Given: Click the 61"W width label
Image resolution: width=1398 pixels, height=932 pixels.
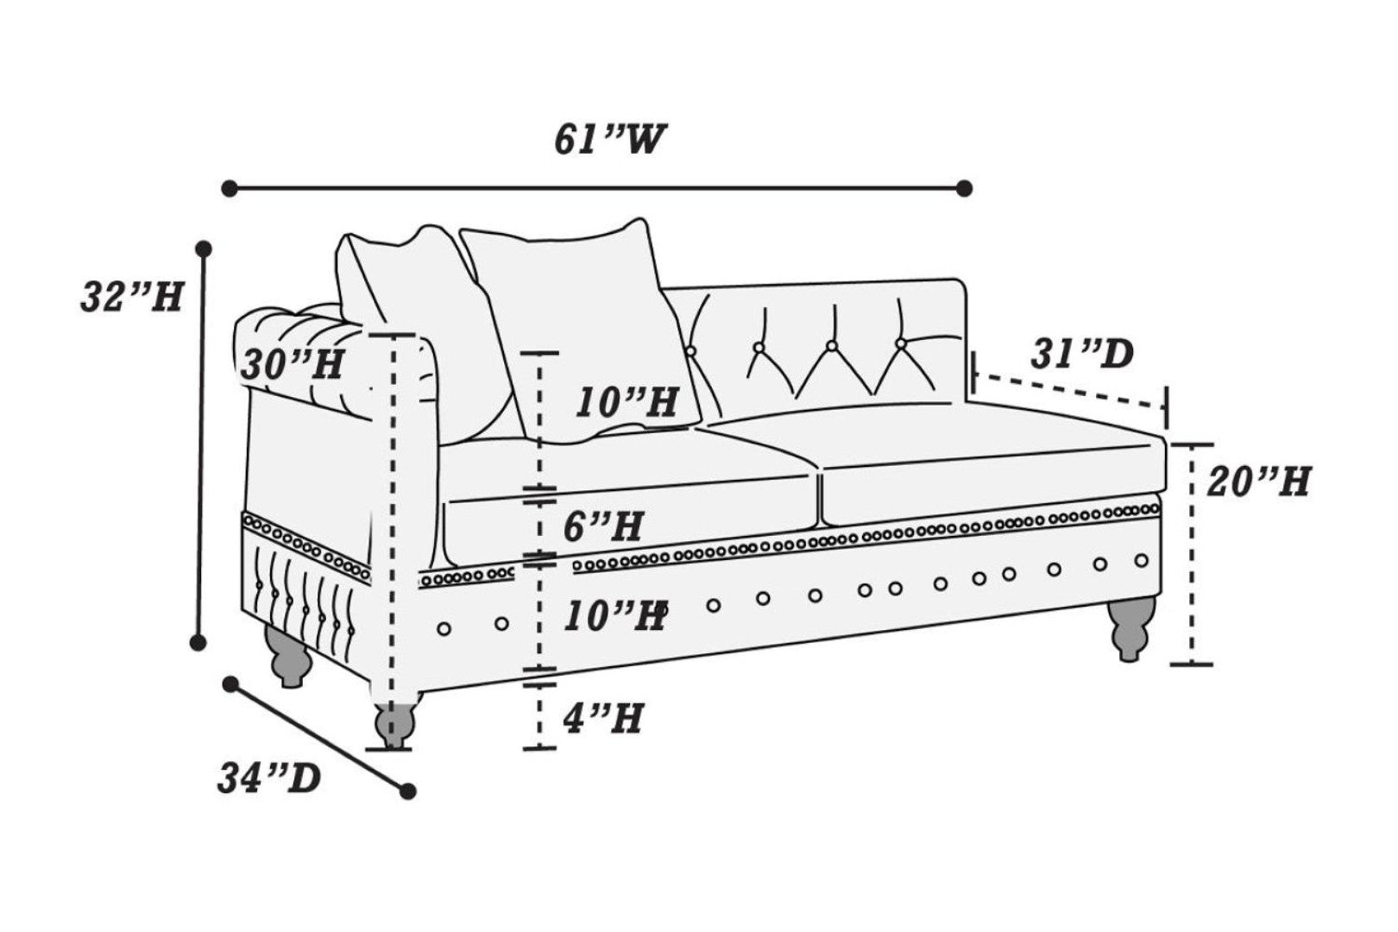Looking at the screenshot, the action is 610,140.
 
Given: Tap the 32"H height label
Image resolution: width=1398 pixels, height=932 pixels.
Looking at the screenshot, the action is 132,298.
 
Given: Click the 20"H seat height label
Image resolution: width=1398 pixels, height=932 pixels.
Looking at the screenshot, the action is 1258,481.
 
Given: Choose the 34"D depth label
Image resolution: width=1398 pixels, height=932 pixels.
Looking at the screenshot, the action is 268,778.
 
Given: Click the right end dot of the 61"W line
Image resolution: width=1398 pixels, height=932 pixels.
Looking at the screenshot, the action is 965,187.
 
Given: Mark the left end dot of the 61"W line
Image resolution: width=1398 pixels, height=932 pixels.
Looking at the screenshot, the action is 230,187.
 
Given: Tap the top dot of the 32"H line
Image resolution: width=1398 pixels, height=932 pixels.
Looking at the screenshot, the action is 204,249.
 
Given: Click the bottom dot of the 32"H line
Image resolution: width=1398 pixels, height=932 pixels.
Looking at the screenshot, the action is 198,641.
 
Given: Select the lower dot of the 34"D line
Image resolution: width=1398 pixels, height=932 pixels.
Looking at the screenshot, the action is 408,790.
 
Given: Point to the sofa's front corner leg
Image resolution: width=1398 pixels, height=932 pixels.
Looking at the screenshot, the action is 394,718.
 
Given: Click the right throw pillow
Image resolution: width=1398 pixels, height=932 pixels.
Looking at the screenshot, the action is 578,332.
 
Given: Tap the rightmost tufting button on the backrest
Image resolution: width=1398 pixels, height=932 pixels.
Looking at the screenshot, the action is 901,343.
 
